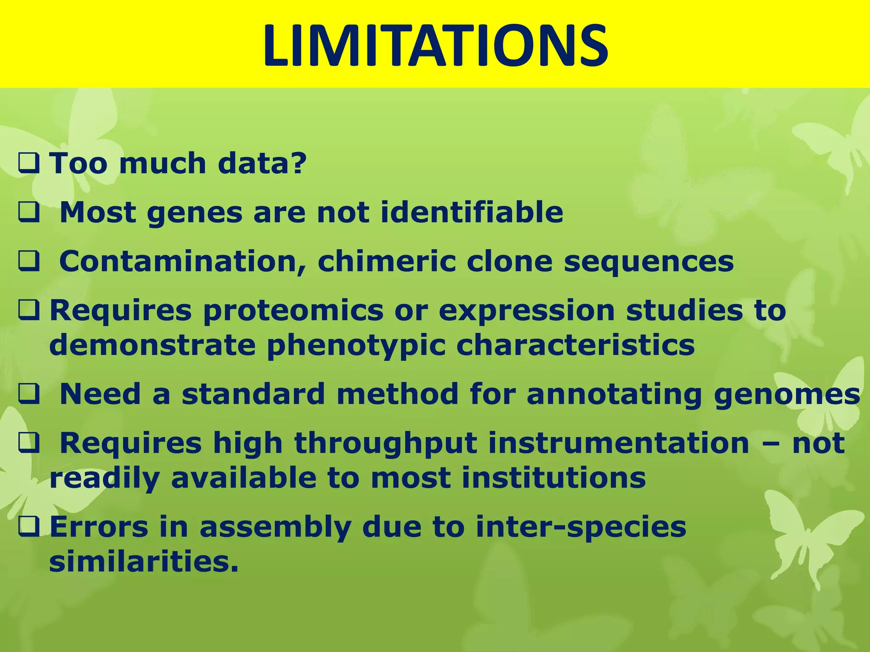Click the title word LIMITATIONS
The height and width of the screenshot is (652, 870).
pos(435,46)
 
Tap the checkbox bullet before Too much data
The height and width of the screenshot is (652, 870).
pos(29,164)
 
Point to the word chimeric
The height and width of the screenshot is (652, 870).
pos(387,261)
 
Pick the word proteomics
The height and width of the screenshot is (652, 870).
pos(293,311)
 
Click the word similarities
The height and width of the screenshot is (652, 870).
pos(144,562)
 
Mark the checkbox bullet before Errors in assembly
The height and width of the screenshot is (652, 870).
pos(29,527)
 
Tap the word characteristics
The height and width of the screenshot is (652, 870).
pos(575,345)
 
